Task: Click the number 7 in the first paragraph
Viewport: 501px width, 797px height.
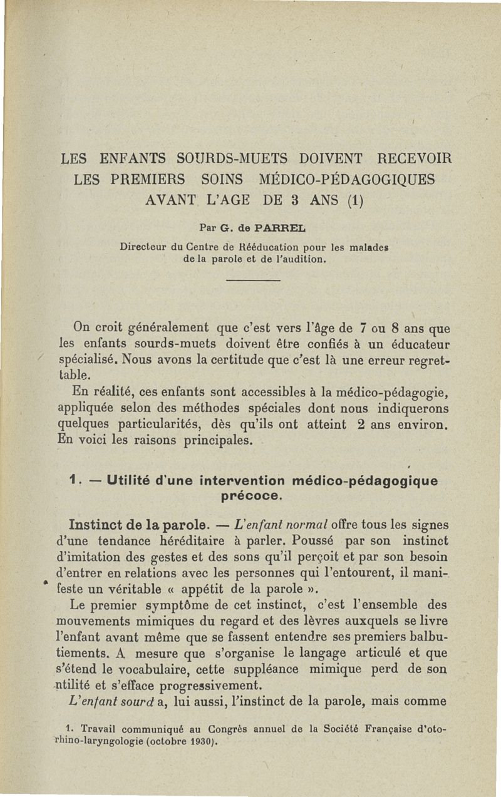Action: pyautogui.click(x=363, y=327)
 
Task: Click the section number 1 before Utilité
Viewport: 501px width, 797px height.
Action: pyautogui.click(x=74, y=481)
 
